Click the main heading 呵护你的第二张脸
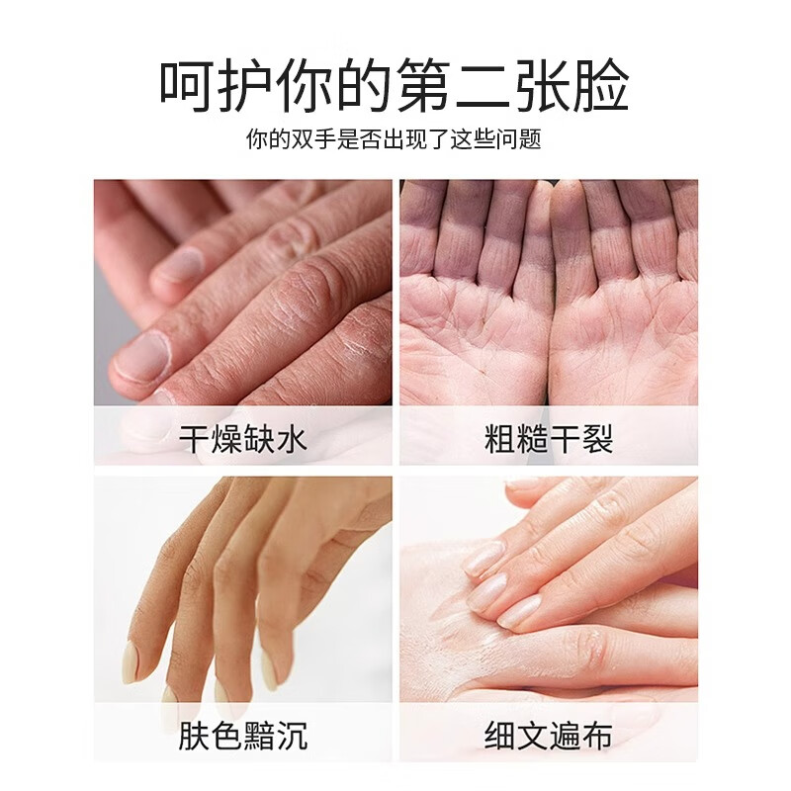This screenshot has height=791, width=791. click(x=395, y=86)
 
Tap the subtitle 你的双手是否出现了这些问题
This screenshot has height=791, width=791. click(x=395, y=139)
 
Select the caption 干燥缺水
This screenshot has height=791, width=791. click(x=243, y=438)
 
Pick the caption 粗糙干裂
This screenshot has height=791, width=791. click(x=549, y=438)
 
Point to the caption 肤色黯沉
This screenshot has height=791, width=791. click(x=243, y=735)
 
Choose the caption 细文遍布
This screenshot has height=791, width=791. click(x=549, y=735)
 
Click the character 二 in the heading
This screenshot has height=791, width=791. click(x=462, y=86)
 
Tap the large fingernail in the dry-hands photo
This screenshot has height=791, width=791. click(x=140, y=356)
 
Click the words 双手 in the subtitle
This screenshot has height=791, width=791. click(x=314, y=139)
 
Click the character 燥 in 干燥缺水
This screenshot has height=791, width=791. click(x=227, y=438)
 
